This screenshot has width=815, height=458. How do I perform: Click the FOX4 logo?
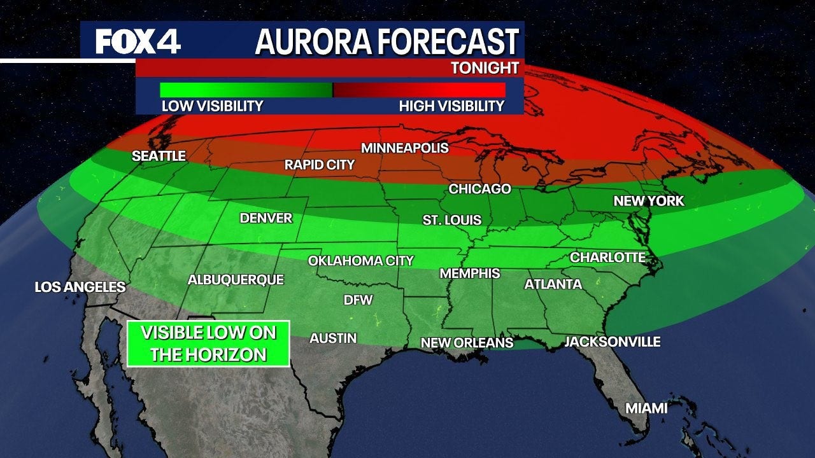coord(138,42)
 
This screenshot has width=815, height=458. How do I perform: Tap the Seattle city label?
coord(159,156)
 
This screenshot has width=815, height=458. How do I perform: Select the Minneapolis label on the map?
coord(405,148)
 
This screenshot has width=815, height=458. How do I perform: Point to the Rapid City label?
coord(319,165)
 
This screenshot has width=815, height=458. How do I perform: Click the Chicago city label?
coord(479,189)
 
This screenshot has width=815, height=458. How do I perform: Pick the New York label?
coord(648,201)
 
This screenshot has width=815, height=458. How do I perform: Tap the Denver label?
coord(266,218)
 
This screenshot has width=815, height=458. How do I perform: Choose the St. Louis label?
coord(452,220)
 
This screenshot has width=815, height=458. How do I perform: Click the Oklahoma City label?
coord(360,261)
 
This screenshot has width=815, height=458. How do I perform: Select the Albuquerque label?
coord(236,280)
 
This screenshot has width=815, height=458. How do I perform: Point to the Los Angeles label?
coord(80,288)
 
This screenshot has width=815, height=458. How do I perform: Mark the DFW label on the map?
coord(358,300)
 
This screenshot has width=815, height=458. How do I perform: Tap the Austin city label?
coord(333,338)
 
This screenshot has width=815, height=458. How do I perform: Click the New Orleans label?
coord(467,343)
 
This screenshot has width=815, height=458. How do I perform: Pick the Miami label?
coord(646,408)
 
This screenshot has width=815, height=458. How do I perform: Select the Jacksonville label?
coord(612,342)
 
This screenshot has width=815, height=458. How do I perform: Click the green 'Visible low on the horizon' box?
coord(208,343)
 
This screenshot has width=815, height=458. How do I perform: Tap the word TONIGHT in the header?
coord(485,68)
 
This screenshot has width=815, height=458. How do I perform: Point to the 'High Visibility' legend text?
coord(451,106)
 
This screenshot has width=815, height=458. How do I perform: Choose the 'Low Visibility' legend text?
coord(212,106)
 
